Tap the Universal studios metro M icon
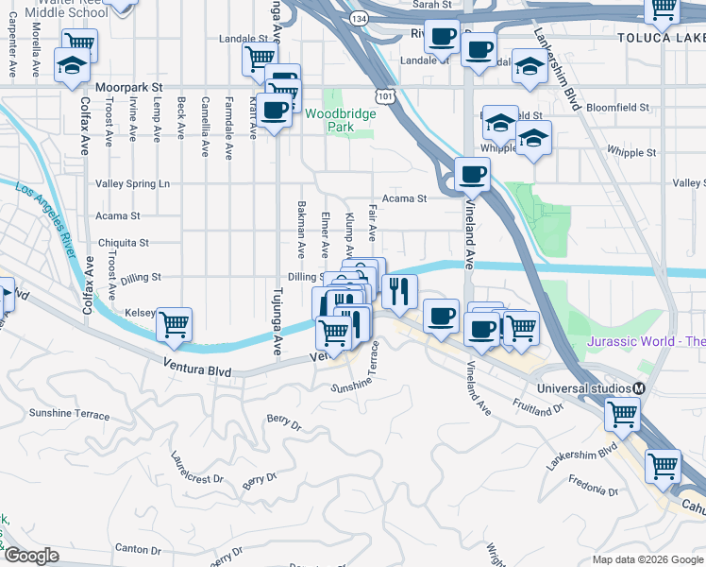pos(639,388)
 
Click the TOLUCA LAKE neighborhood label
pos(662,38)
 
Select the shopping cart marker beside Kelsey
pos(175,325)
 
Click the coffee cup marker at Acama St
pos(472,174)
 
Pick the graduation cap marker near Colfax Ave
pos(72,66)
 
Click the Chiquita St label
pos(123,243)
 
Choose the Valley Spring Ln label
pos(133,183)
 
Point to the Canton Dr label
pos(139,548)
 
